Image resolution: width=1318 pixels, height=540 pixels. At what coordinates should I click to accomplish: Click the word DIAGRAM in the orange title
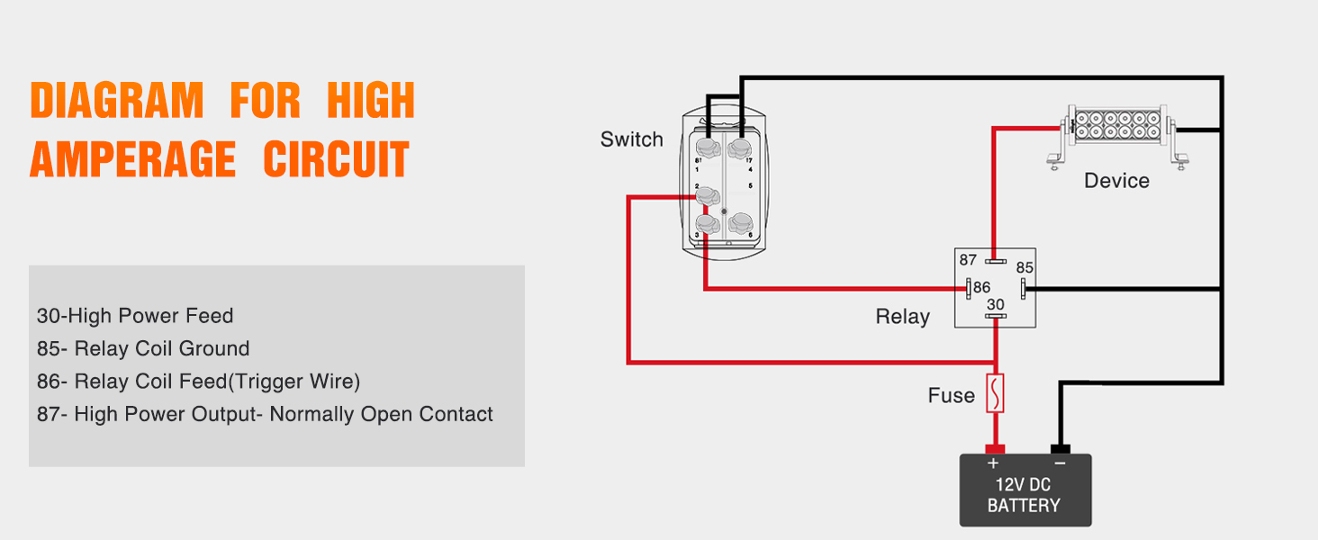(x=117, y=101)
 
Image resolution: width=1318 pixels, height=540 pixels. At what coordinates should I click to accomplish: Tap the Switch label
(x=631, y=139)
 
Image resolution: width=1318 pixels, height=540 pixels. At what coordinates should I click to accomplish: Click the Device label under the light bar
(x=1116, y=181)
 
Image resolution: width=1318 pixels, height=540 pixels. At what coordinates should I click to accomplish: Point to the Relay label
(x=902, y=317)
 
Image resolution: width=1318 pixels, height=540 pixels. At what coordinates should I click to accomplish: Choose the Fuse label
(x=951, y=396)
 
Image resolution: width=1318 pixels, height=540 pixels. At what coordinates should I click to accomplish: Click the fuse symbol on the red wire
(x=995, y=393)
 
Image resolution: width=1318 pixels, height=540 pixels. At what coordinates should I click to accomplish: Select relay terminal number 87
(x=968, y=260)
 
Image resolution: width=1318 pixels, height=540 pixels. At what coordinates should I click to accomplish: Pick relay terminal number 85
(x=1025, y=268)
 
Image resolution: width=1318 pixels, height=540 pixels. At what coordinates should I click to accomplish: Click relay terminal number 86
(x=981, y=289)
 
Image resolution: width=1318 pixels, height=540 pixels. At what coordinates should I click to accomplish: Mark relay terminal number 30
(x=995, y=305)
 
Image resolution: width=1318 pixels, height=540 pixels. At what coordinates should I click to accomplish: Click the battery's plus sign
(x=994, y=463)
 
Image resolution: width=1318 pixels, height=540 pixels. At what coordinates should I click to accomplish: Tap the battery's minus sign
(x=1060, y=463)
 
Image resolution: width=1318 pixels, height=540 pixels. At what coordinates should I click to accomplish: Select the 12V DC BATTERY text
(x=1024, y=495)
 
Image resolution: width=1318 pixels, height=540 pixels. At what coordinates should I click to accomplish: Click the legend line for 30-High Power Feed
(x=135, y=316)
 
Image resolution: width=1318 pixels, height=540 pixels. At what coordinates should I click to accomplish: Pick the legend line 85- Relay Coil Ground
(x=143, y=349)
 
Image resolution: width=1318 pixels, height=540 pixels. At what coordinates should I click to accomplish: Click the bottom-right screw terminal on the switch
(x=740, y=221)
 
